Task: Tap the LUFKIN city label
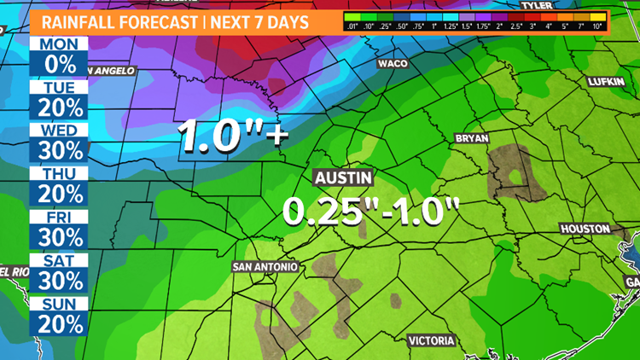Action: pos(608,81)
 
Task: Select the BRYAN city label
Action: pos(472,137)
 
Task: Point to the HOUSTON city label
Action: pos(585,229)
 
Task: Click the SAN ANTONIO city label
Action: pos(265,267)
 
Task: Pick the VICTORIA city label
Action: pos(432,317)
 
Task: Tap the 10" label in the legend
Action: pos(621,26)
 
